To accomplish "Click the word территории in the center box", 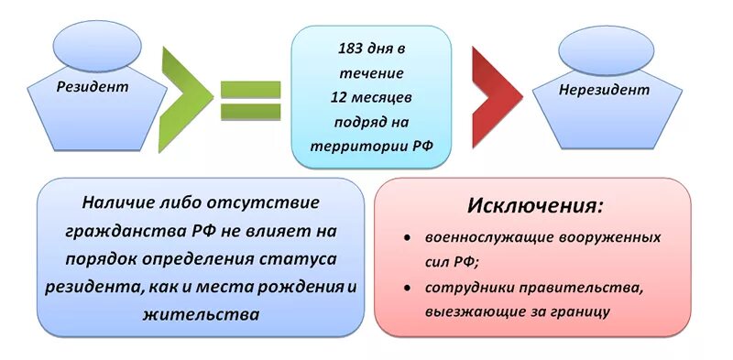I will tap(347, 143).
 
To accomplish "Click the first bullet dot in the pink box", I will tap(406, 237).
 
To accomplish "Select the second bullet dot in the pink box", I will tap(406, 289).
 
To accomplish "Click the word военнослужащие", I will tap(482, 236).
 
